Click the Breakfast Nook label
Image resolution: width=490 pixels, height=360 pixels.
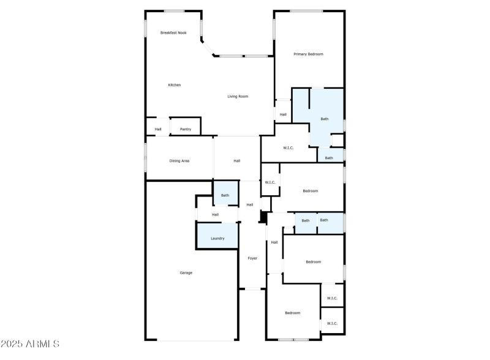pos(173,32)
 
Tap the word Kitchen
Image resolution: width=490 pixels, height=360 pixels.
pos(175,84)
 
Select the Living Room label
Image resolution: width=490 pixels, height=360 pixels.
pos(238,96)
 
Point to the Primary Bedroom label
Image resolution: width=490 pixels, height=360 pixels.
pos(308,54)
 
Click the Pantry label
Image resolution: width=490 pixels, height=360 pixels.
pos(185,129)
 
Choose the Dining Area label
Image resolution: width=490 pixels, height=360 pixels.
pos(179,160)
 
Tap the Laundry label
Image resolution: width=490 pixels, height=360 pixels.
pos(217,238)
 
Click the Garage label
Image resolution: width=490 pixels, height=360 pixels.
pos(186,272)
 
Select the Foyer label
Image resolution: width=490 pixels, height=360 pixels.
pos(252,258)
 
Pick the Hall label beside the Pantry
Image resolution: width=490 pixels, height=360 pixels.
pos(158,129)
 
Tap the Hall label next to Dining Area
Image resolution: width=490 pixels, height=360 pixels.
pos(237,160)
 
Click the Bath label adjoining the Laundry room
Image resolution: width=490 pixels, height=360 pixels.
pos(225,195)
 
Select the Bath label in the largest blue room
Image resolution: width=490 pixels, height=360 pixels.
pos(325,119)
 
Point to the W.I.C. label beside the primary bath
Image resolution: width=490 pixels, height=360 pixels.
pos(289,148)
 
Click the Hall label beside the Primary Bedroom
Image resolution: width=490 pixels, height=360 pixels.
pos(283,114)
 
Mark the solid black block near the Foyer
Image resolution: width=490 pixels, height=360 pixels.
pos(263,217)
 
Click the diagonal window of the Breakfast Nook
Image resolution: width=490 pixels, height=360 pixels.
pos(208,47)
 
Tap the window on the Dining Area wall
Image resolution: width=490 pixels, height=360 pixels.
pos(145,158)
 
